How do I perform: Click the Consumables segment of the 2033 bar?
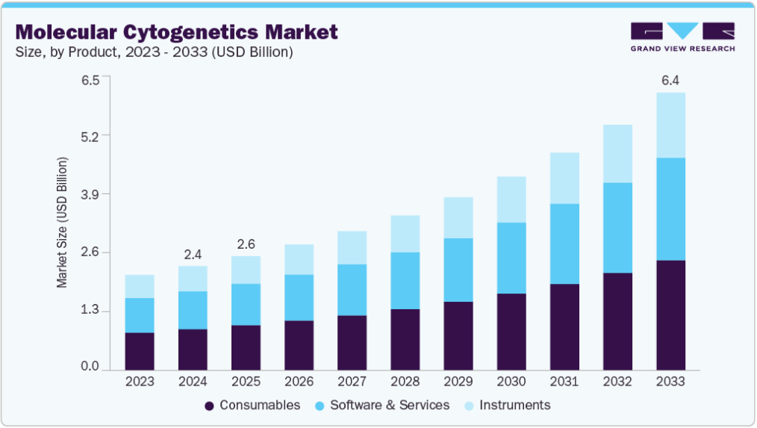pyautogui.click(x=670, y=314)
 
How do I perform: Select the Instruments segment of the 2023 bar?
pyautogui.click(x=140, y=286)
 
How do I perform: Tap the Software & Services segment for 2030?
pyautogui.click(x=511, y=258)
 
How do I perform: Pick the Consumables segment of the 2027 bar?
pyautogui.click(x=352, y=342)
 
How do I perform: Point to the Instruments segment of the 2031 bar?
pyautogui.click(x=564, y=178)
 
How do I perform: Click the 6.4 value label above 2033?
pyautogui.click(x=670, y=80)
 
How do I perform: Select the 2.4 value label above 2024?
pyautogui.click(x=193, y=254)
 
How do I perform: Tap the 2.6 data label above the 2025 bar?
pyautogui.click(x=246, y=244)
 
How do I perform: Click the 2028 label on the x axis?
pyautogui.click(x=405, y=381)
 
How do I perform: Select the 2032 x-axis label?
pyautogui.click(x=617, y=381)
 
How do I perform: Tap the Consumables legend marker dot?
pyautogui.click(x=210, y=406)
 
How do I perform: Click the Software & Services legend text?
pyautogui.click(x=390, y=405)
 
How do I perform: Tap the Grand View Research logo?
pyautogui.click(x=682, y=37)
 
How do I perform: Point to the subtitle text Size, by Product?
pyautogui.click(x=66, y=52)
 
